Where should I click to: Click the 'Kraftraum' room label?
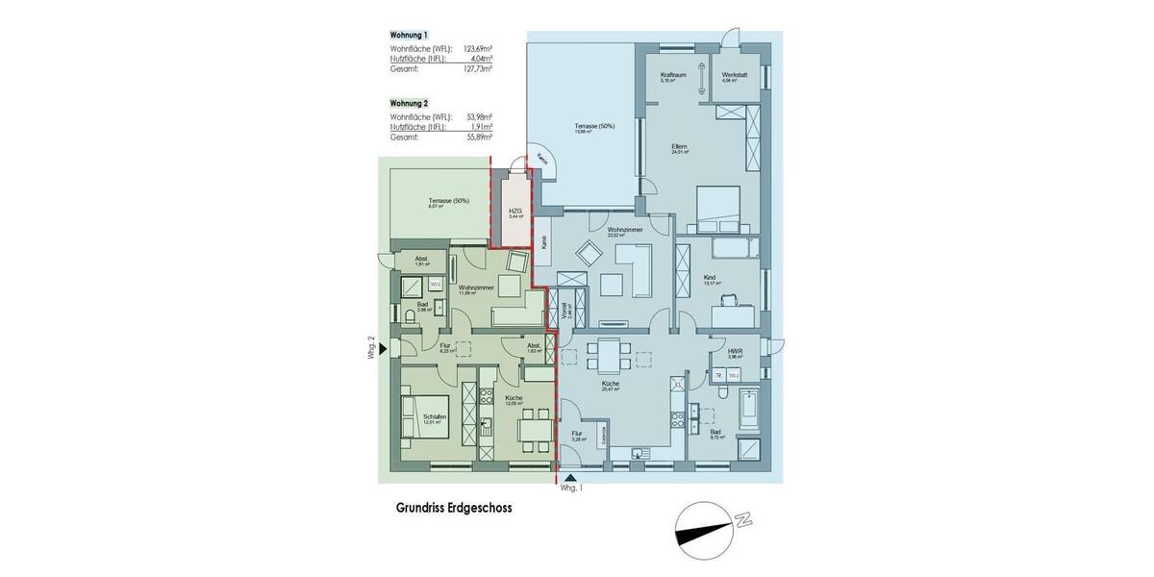point(671,75)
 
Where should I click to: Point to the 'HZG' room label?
point(515,212)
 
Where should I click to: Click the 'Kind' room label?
point(710,278)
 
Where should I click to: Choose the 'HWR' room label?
point(735,352)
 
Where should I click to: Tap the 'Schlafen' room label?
point(432,416)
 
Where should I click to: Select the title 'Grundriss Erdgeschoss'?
point(454,509)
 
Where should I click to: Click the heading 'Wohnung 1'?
point(409,36)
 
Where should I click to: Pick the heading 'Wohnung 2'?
point(409,103)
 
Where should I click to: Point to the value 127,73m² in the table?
point(478,69)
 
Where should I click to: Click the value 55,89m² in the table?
point(479,138)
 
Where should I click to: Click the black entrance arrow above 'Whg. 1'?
point(570,477)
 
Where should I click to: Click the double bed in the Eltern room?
point(717,209)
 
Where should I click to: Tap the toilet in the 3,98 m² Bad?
point(411,316)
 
